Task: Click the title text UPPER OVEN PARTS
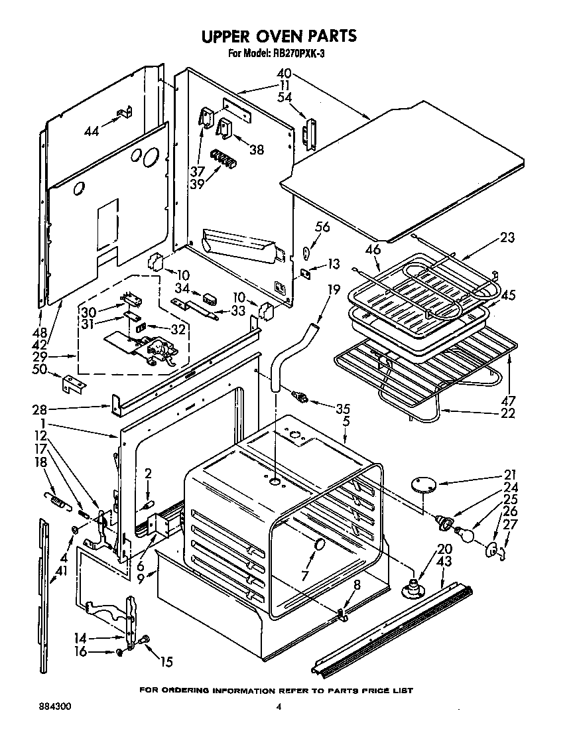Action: click(x=279, y=35)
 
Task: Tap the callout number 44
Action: click(x=92, y=131)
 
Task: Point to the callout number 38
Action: click(x=255, y=150)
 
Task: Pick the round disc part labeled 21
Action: click(x=422, y=486)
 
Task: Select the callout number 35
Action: click(x=342, y=409)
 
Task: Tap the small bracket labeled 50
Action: click(x=73, y=383)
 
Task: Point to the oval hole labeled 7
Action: click(x=320, y=546)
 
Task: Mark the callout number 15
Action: click(x=166, y=661)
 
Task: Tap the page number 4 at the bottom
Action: click(x=279, y=708)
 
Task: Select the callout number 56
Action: click(x=322, y=228)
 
